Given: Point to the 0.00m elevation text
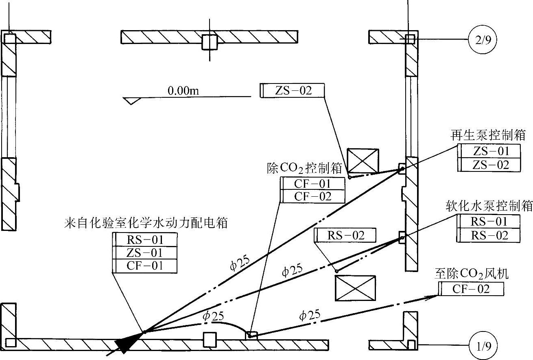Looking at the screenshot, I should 183,91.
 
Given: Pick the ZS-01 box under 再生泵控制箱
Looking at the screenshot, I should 491,151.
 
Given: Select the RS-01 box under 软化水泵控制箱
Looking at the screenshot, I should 489,222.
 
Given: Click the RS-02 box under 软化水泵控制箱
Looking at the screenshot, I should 489,235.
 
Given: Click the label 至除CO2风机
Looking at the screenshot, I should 472,274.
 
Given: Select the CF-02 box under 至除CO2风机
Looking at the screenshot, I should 472,289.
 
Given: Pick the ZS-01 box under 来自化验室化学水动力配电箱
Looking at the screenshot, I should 145,252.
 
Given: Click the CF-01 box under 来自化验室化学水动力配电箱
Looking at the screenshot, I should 145,266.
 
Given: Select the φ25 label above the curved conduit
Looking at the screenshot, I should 214,316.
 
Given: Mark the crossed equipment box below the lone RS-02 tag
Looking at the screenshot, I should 355,288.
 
